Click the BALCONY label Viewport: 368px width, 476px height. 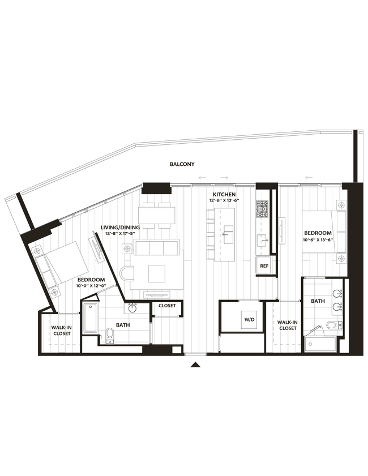point(182,164)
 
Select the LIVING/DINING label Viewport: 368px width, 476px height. point(120,228)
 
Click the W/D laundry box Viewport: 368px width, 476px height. point(249,319)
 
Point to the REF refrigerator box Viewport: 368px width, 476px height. point(264,265)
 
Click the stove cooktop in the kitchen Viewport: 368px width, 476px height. point(262,210)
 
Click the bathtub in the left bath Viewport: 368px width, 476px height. point(91,319)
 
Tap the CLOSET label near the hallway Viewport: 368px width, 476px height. point(167,306)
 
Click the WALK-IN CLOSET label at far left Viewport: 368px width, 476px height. point(61,331)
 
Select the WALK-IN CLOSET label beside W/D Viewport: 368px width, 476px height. point(288,325)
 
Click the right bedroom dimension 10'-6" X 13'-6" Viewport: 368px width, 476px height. point(318,239)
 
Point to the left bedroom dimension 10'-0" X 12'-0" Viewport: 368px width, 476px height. point(91,286)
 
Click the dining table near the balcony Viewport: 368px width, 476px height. point(157,215)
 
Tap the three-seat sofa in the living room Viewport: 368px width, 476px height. point(157,247)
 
